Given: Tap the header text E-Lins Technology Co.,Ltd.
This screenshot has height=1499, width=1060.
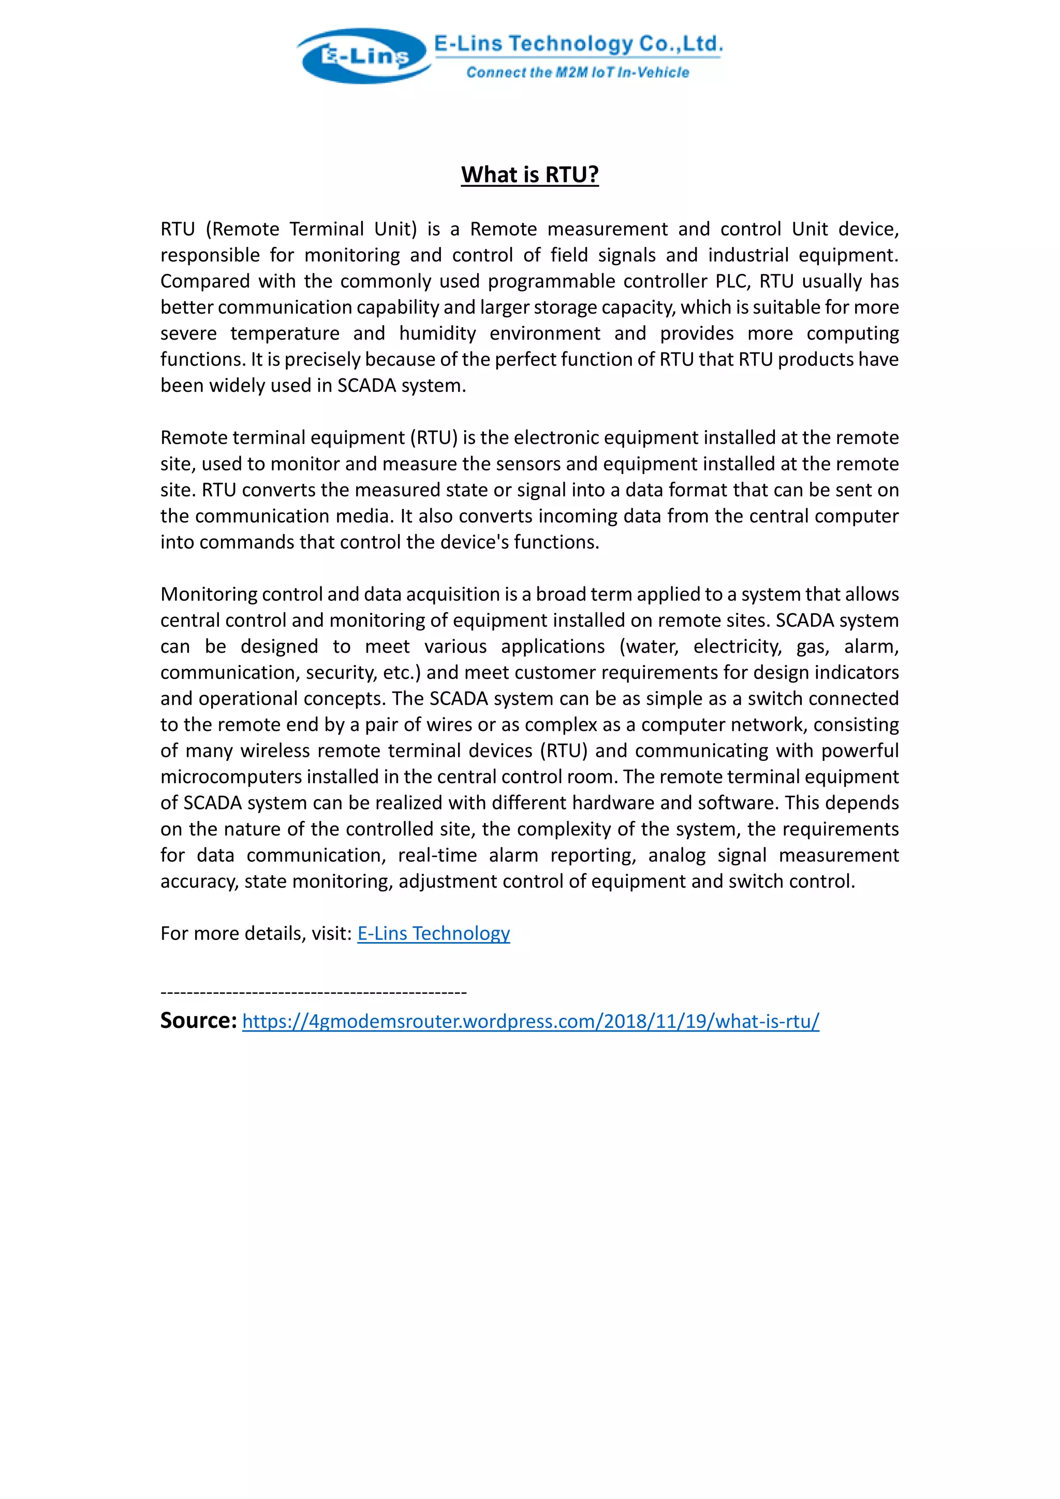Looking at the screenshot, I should [578, 44].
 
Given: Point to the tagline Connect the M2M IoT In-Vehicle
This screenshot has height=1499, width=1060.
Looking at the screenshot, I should [577, 72].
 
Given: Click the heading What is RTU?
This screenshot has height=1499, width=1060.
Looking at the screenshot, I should [529, 175].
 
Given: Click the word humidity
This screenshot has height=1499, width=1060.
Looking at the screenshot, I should [437, 334].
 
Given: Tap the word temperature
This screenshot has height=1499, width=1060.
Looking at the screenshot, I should [285, 334].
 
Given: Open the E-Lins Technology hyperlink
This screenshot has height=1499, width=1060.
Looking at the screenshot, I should [433, 934].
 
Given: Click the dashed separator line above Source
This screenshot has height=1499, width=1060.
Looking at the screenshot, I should [313, 992].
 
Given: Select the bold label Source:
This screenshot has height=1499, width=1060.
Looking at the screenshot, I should [198, 1020].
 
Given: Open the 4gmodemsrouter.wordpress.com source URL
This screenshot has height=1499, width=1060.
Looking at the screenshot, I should [530, 1022].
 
